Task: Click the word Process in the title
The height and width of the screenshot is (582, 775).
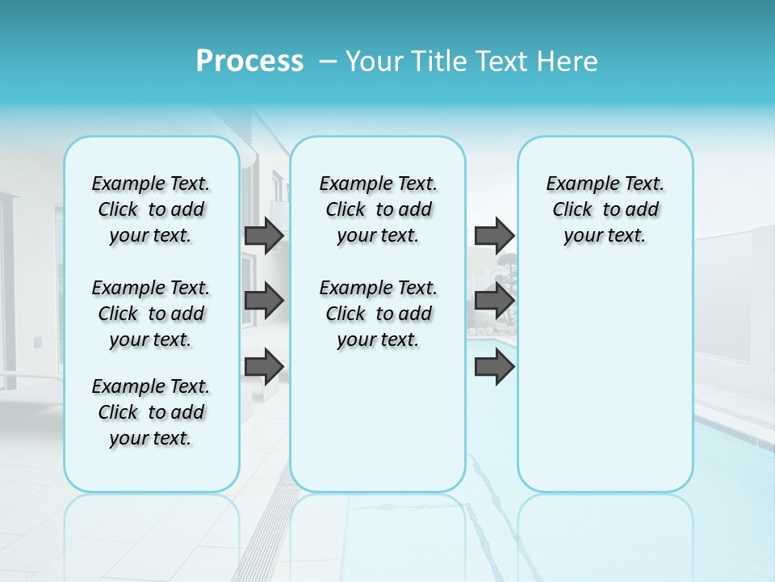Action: (249, 61)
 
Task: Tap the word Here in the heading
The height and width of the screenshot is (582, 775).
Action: (568, 61)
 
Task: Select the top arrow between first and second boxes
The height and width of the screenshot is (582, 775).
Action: (264, 235)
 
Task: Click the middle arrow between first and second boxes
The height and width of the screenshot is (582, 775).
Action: (264, 301)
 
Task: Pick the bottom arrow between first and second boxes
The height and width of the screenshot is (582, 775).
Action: (264, 367)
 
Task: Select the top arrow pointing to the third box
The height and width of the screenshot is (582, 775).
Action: (494, 235)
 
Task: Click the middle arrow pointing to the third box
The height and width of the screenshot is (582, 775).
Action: (494, 301)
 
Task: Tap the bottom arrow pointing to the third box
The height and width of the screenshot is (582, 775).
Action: (494, 367)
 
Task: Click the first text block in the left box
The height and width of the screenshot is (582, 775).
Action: (151, 209)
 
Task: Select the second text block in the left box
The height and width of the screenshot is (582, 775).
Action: (151, 314)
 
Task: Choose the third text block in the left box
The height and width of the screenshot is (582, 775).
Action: (151, 412)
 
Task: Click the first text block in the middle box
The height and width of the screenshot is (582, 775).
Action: (378, 209)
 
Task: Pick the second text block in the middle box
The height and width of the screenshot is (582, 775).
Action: (378, 314)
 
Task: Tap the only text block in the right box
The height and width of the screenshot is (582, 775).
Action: (605, 209)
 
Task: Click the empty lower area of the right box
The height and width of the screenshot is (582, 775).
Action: (605, 380)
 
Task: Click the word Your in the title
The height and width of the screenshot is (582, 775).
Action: (374, 61)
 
